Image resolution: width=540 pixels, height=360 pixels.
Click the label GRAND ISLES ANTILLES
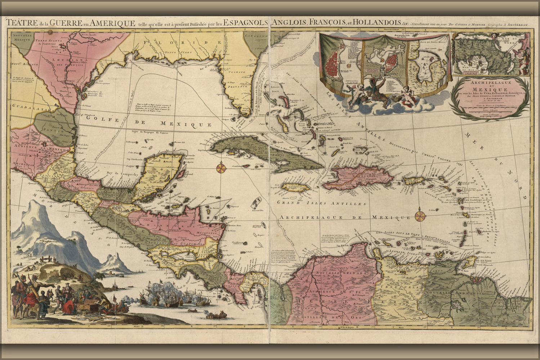308,203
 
